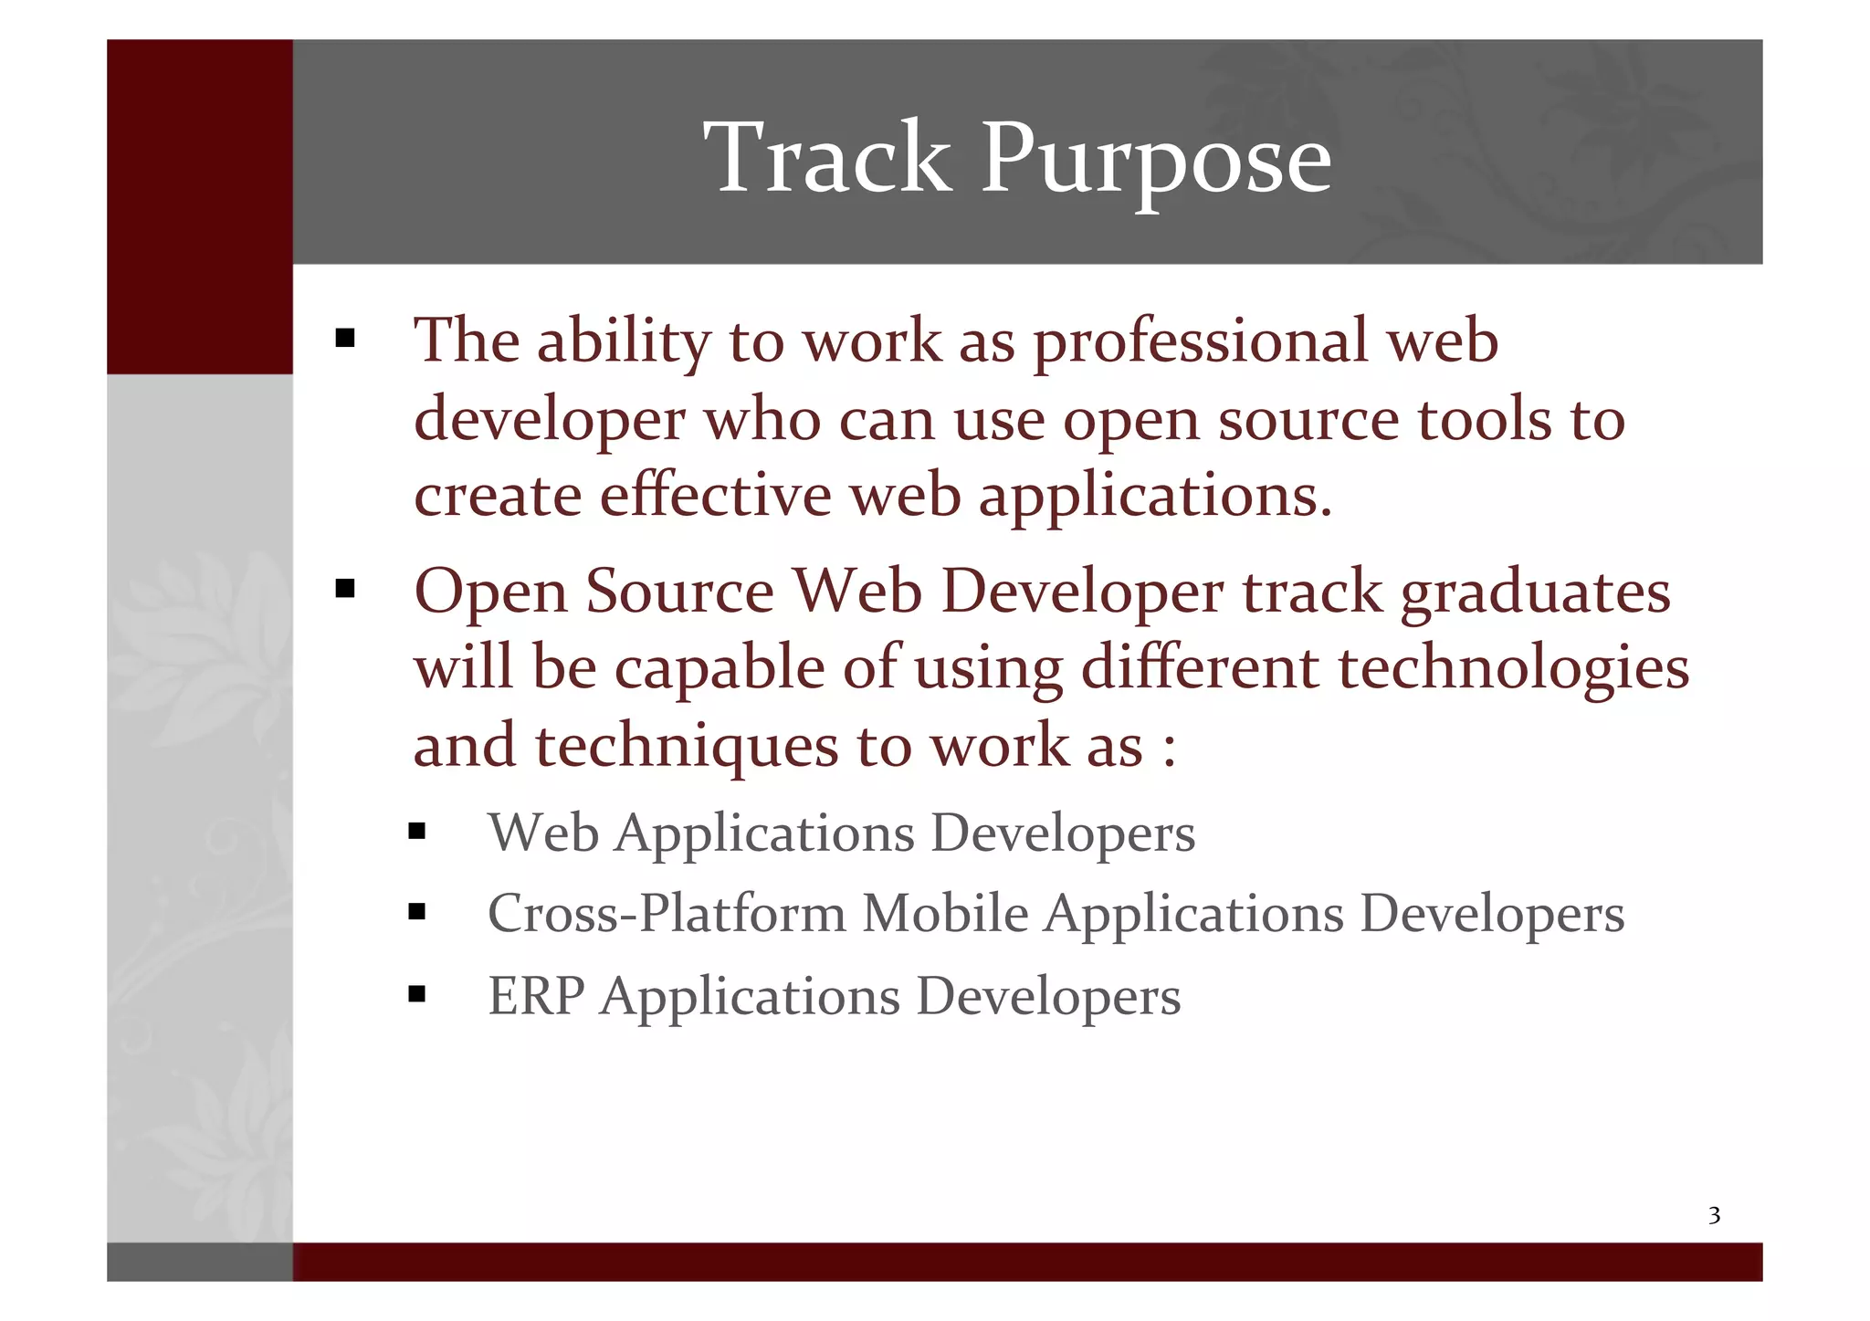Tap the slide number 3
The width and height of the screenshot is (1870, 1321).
coord(1714,1215)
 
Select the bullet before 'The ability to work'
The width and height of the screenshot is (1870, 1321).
coord(344,340)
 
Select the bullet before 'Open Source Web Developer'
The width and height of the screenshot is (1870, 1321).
coord(344,589)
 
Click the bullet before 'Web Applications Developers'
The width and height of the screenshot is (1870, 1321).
coord(417,831)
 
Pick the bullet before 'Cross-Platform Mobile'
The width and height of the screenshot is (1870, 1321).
coord(417,911)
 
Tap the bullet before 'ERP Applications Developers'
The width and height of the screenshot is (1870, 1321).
coord(417,993)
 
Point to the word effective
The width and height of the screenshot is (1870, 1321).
coord(715,496)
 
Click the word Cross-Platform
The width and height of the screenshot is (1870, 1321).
coord(667,913)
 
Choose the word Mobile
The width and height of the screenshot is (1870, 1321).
coord(945,913)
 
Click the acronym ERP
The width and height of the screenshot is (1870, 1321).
coord(535,995)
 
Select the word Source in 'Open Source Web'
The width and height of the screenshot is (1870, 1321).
coord(679,592)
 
